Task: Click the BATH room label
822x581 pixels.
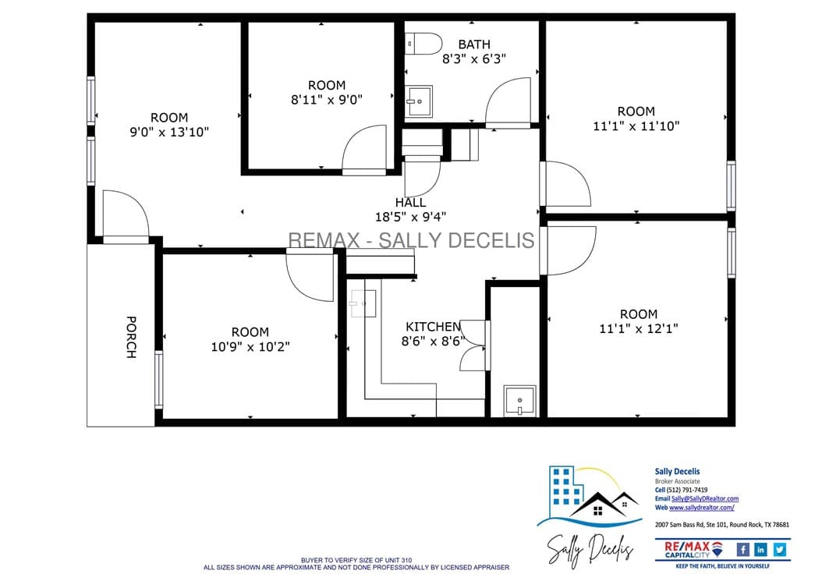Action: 474,44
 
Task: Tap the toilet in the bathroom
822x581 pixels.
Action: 424,44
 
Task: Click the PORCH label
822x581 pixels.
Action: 131,337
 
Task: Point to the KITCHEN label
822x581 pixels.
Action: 434,327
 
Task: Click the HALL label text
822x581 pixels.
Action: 410,202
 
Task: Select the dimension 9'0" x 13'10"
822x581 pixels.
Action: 169,132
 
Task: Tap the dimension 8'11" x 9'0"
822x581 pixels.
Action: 327,100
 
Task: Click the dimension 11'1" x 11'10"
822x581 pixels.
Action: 636,126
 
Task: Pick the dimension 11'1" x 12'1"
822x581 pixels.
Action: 639,329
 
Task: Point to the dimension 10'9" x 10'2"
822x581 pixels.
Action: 250,346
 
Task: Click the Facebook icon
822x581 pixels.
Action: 742,549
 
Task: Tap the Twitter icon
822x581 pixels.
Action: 780,549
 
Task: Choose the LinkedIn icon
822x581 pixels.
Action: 760,549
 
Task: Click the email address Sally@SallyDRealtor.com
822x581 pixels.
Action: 705,498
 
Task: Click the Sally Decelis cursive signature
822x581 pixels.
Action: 590,551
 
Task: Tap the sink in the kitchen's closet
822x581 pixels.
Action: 519,401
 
